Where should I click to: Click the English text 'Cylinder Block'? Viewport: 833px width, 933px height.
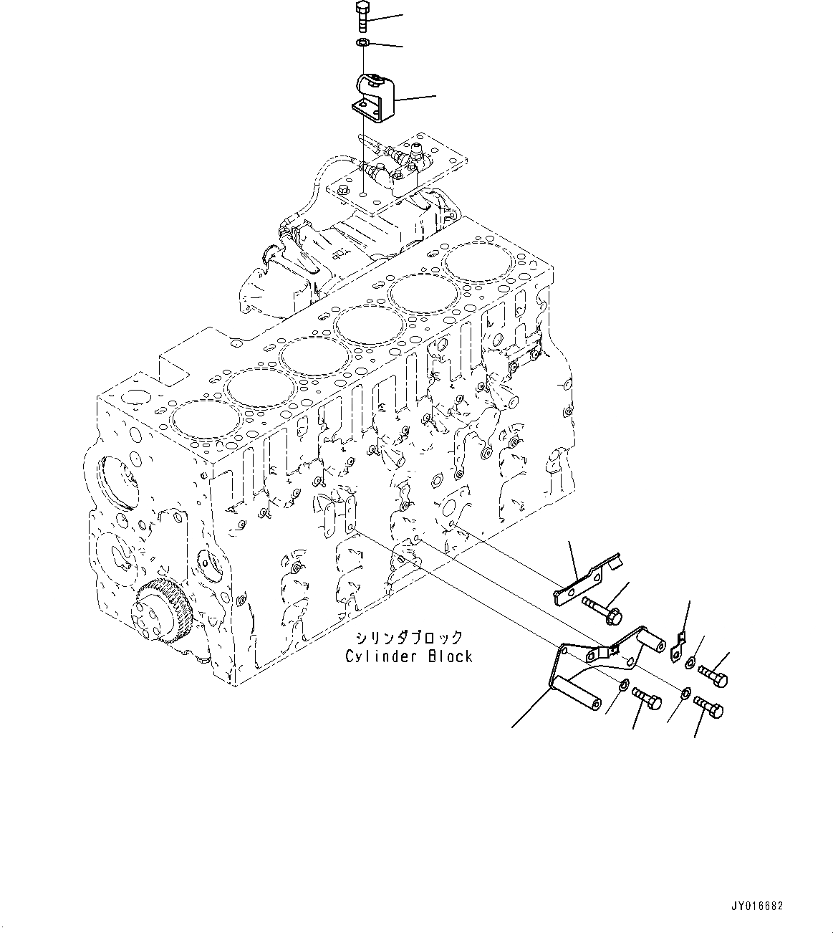[408, 656]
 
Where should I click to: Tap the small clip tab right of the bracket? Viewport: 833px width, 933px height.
[678, 646]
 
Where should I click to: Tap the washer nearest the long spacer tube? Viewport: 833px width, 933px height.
[624, 686]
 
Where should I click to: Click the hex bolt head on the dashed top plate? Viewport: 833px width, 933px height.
[345, 190]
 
